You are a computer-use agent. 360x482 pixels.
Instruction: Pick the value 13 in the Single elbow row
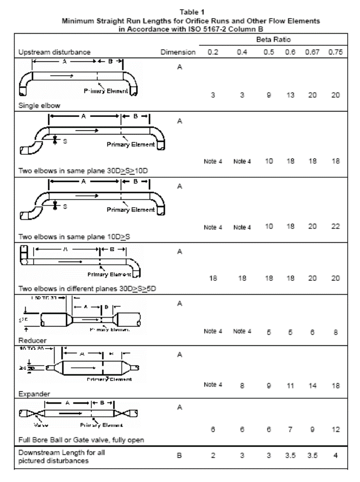coord(292,95)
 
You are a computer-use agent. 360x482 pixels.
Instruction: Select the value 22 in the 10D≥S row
coord(335,227)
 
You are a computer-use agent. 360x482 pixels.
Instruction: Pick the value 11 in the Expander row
coord(292,384)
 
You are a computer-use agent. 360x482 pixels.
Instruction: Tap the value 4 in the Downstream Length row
coord(335,456)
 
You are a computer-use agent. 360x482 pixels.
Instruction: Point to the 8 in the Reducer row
coord(335,331)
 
